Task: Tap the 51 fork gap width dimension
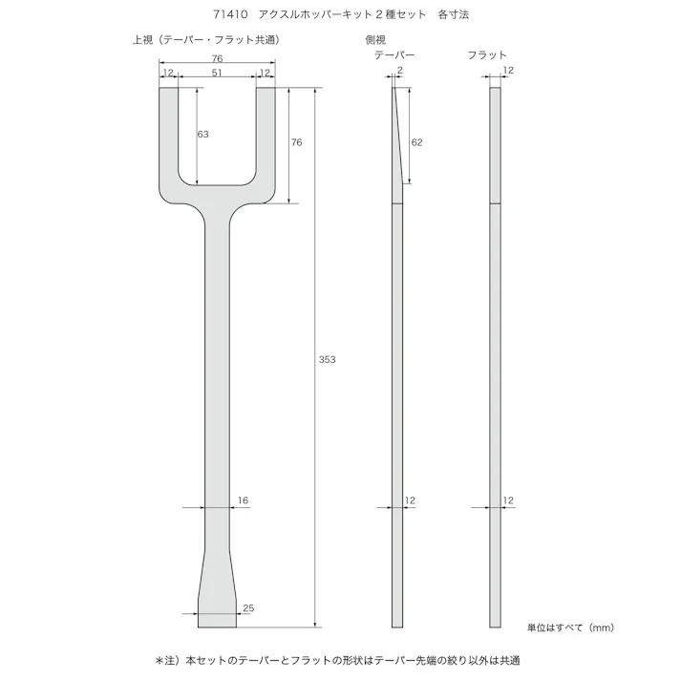(217, 72)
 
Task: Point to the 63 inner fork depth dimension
(202, 135)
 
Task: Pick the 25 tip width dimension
(248, 607)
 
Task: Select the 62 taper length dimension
(416, 141)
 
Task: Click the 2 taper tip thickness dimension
(398, 72)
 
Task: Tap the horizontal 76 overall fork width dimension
(217, 58)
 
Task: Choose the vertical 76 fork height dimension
(296, 142)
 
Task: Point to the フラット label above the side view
(487, 55)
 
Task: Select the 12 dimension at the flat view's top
(508, 72)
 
